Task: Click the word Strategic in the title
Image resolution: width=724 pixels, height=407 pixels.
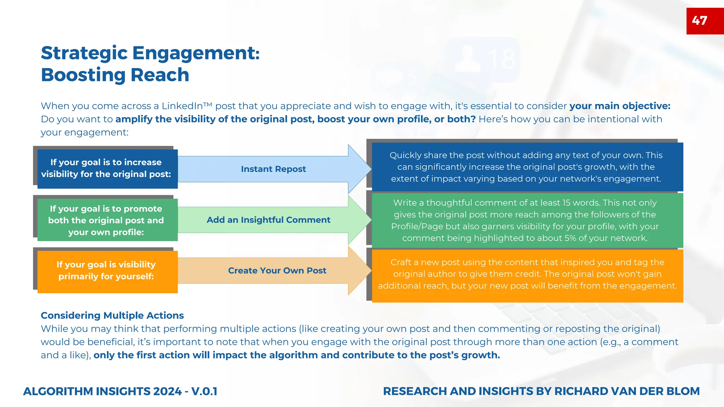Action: (x=84, y=53)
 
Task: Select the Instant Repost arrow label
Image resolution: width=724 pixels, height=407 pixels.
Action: (x=273, y=169)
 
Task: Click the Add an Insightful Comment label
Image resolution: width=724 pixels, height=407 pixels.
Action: (x=268, y=220)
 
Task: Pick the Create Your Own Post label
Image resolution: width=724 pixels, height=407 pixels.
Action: (x=277, y=271)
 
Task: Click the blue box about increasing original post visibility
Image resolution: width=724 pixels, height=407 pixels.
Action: (x=106, y=168)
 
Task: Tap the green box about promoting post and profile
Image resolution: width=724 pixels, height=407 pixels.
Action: (x=106, y=220)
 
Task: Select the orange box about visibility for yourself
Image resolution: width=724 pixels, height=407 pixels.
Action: (x=106, y=271)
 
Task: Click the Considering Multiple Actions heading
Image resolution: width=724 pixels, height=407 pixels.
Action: (x=112, y=315)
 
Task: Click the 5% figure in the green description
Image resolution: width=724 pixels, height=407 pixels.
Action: (x=570, y=238)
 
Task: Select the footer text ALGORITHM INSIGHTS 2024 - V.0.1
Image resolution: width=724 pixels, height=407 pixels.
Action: (x=120, y=391)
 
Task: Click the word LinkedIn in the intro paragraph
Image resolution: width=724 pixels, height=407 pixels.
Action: (x=182, y=106)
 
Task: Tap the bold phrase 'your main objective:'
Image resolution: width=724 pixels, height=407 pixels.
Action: (x=620, y=106)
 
